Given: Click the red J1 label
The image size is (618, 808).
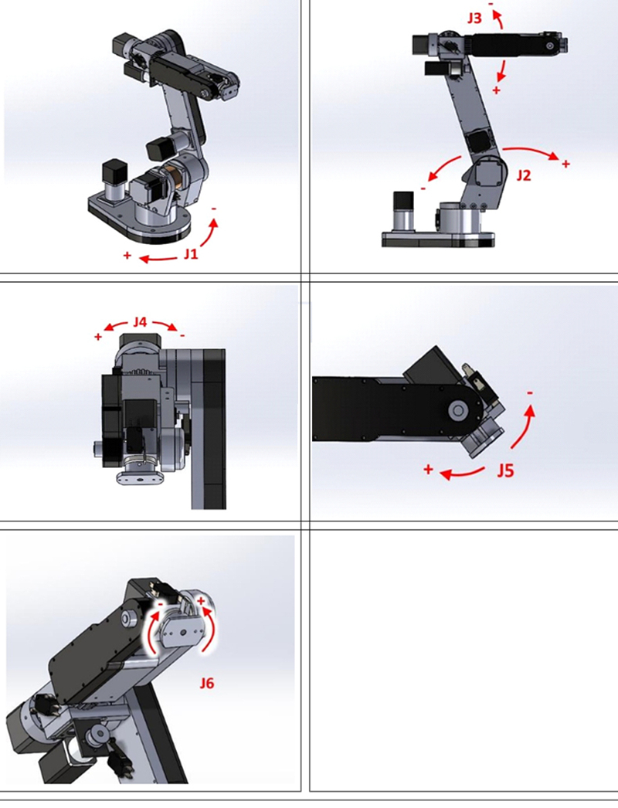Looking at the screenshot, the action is coord(191,254).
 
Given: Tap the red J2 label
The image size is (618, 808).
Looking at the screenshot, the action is coord(523,175).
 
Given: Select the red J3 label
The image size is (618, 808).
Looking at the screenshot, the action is coord(474,19).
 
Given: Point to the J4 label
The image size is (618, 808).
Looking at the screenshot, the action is coord(140,322).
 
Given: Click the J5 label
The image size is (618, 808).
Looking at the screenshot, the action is coord(506,470).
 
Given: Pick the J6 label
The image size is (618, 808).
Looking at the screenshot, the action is coord(207,684).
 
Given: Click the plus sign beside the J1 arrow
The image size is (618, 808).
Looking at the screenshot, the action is coord(127,255).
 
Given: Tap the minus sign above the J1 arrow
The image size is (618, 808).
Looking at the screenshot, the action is coord(214,209).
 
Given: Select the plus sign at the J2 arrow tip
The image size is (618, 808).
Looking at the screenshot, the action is coord(566,164).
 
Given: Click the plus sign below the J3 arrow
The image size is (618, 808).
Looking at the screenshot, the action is coord(497,90).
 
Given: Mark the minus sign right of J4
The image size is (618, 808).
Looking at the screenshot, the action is coord(182,336).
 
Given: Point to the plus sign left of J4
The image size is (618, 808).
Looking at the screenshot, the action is coord(98,337).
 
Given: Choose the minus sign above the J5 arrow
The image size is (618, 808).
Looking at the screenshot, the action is coord(530,393).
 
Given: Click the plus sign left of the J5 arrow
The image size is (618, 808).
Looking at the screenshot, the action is coord(428,470).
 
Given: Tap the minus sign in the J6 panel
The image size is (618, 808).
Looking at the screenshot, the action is coord(161,603).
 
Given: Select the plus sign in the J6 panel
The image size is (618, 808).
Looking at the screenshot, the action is coord(201,601).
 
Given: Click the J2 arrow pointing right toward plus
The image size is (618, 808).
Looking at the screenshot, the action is coord(531,150).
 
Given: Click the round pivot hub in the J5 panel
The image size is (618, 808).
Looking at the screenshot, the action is coord(457,411).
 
